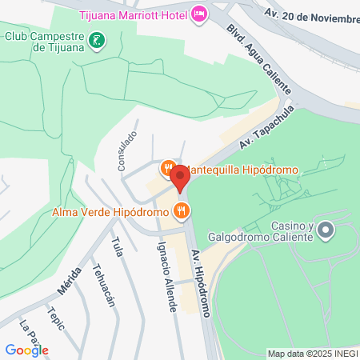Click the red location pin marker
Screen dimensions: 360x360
180,177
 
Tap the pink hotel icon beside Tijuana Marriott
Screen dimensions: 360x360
199,14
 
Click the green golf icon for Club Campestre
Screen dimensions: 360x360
97,39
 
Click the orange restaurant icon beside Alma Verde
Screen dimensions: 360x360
182,211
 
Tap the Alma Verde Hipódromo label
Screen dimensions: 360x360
110,212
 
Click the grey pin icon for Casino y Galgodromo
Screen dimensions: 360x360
325,232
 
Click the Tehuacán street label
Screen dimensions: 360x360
104,286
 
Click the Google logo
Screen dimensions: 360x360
26,350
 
